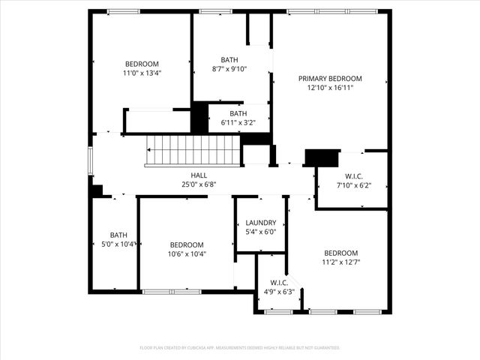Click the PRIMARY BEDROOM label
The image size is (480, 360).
(330, 79)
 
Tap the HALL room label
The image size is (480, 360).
(199, 175)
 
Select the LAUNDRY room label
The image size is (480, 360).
(261, 223)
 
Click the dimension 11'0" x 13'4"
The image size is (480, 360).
(142, 73)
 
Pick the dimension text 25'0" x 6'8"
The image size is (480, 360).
(199, 184)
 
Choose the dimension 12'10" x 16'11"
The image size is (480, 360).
(330, 88)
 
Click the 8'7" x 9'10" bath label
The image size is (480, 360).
(229, 69)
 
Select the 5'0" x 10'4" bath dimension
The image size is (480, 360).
(118, 244)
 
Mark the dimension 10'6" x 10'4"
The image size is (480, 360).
(186, 254)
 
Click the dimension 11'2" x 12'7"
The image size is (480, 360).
(340, 262)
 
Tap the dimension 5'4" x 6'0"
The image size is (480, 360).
(261, 232)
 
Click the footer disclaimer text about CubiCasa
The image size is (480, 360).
(240, 348)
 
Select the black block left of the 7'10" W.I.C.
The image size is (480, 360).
(321, 157)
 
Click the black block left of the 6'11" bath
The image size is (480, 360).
(199, 118)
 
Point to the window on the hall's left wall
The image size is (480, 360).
(91, 161)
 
